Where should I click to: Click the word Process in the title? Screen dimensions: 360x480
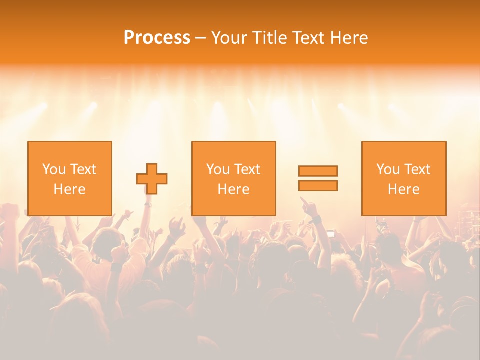point(157,38)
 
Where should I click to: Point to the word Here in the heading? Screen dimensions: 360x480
point(348,38)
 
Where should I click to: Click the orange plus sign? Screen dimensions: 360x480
point(152,179)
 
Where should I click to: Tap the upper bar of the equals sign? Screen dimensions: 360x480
point(318,171)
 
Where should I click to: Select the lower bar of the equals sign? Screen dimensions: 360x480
point(318,186)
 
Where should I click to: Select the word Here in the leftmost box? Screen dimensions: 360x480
point(70,189)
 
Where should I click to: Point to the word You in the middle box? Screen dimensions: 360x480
point(217,169)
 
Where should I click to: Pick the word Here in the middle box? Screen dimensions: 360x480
point(234,189)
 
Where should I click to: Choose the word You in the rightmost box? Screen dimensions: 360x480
point(387,169)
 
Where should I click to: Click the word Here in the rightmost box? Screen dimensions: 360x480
point(404,189)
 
